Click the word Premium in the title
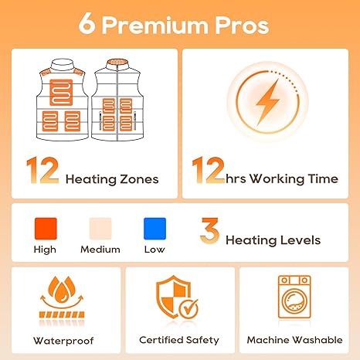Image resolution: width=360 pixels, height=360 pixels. [x=155, y=25]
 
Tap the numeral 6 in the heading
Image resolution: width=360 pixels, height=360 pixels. [x=87, y=23]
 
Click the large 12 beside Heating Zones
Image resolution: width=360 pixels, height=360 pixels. [x=42, y=170]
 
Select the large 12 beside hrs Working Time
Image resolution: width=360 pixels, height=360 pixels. [x=209, y=170]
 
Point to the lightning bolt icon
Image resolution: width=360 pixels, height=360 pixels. [x=268, y=102]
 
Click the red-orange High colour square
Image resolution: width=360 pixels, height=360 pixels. [x=46, y=229]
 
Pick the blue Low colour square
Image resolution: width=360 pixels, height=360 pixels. [x=155, y=229]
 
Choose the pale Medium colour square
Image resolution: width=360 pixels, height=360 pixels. [x=100, y=229]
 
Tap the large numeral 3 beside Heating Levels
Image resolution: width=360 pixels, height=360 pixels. [x=209, y=230]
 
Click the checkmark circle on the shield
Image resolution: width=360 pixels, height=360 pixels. [x=188, y=308]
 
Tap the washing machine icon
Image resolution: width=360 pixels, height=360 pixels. [x=294, y=297]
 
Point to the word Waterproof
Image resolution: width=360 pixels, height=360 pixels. [x=63, y=341]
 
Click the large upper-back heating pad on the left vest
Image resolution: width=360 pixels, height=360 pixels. [x=61, y=92]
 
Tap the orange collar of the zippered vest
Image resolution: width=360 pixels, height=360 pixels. [x=117, y=63]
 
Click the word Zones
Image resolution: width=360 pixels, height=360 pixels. [x=139, y=179]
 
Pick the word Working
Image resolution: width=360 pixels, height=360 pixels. [x=277, y=178]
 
